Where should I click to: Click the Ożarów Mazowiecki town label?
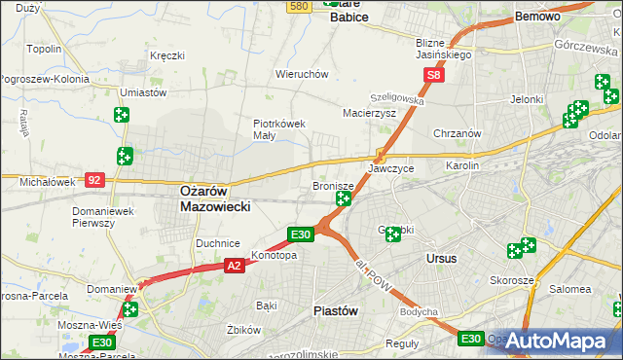[216, 199]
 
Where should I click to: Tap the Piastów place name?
[337, 310]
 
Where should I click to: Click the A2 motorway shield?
[234, 265]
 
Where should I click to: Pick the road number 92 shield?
[94, 179]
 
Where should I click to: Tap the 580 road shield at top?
[300, 6]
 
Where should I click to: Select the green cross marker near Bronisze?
[344, 198]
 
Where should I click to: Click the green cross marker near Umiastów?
[121, 115]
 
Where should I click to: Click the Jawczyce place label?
[390, 168]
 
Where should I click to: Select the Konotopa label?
[274, 256]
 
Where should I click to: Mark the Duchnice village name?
[218, 242]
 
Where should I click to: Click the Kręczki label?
[167, 55]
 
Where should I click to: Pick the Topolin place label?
[45, 49]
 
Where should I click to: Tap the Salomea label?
[570, 289]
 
